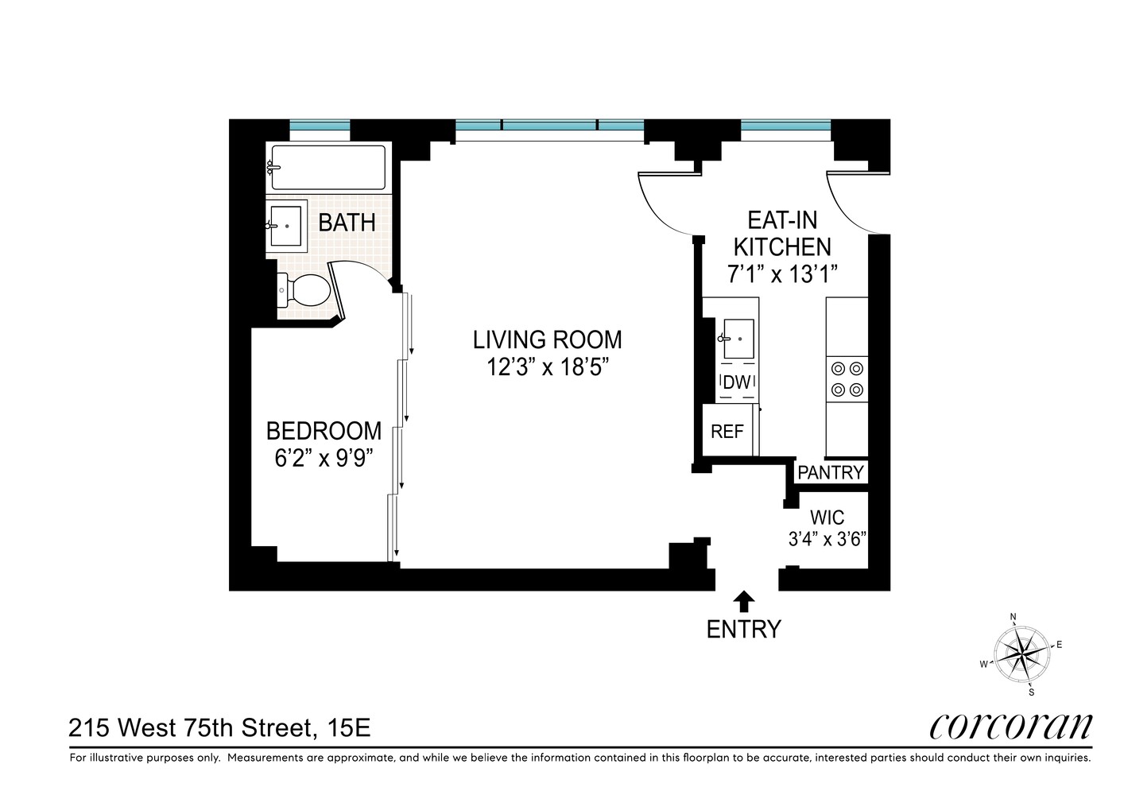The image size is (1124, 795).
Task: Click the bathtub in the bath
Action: coord(328,167)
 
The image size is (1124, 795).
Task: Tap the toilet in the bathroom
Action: coord(306,290)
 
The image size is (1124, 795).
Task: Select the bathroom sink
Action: coord(285,226)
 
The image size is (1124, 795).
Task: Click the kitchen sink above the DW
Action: coord(738,339)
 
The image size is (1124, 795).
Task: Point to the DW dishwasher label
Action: coord(736,382)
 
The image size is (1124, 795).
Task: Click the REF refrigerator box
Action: coord(727,431)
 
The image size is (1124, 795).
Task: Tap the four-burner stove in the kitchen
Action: coord(847,379)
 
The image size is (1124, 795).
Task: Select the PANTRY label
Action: coord(830,472)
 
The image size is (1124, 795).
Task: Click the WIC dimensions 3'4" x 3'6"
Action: coord(827,539)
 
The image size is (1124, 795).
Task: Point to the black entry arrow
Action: coord(744,600)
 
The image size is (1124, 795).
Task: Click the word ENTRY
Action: coord(744,630)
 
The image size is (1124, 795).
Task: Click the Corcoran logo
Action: coord(1011,725)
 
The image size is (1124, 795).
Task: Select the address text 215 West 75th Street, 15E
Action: coord(219,727)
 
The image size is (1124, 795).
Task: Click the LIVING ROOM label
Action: coord(547,339)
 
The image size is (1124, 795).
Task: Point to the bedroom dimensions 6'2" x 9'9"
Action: coord(324,459)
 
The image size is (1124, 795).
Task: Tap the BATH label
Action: coord(347,223)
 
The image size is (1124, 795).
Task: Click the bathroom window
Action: coord(320,126)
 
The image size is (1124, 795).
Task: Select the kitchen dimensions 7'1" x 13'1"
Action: coord(783,274)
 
